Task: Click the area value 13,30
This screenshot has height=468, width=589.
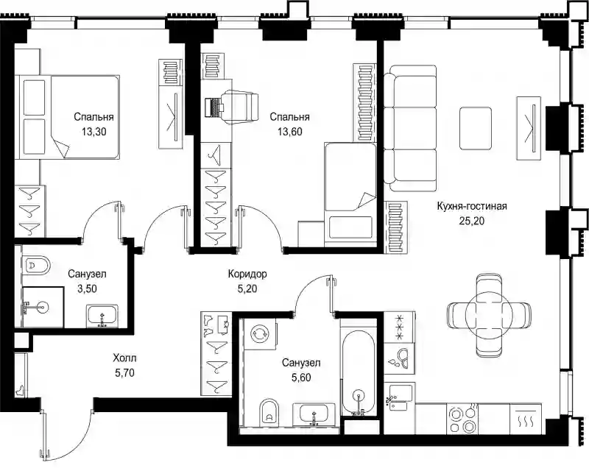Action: (94, 132)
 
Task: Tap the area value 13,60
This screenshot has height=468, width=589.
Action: (290, 132)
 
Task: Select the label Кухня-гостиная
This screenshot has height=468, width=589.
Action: (472, 206)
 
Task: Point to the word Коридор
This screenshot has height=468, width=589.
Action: (247, 274)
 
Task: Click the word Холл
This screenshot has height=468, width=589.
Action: (124, 358)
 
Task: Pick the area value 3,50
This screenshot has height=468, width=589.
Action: (87, 288)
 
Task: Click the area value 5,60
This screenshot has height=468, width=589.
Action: (301, 377)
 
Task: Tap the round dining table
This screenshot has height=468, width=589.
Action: (489, 315)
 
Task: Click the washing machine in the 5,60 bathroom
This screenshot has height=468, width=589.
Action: (260, 334)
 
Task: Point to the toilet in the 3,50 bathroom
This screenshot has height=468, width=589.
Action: (36, 266)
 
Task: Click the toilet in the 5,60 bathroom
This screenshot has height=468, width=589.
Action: (269, 413)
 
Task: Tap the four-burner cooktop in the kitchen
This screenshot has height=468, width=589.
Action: (463, 419)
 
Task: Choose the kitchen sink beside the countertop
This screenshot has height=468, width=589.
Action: (398, 398)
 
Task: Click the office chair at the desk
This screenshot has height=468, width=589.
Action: (239, 107)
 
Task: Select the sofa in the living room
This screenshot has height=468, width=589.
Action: (410, 128)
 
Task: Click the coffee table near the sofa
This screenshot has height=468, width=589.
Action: (476, 128)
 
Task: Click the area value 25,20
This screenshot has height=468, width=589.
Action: (472, 221)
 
